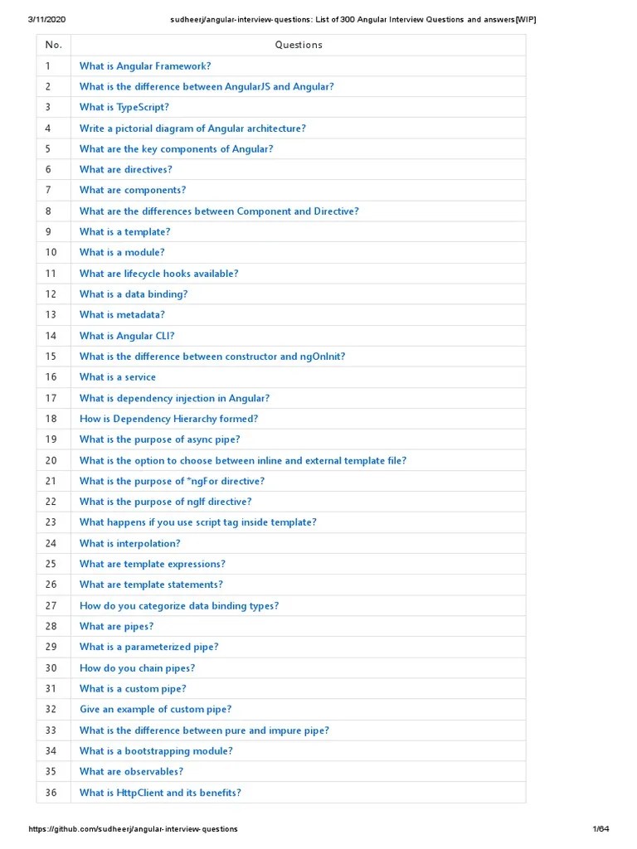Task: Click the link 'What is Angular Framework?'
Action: (145, 65)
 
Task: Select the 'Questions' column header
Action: (299, 45)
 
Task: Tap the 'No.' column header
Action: (54, 45)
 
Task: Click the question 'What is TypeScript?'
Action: (124, 107)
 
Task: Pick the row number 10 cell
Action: (51, 252)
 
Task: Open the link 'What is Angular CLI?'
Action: (127, 336)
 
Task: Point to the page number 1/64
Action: (601, 829)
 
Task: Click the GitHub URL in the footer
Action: (134, 829)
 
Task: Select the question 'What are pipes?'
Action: (116, 626)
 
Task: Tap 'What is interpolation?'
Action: (129, 543)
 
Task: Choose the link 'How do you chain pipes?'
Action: (137, 667)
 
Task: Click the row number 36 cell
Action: (51, 793)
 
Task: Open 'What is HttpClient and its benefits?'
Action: (160, 793)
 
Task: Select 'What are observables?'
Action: (131, 771)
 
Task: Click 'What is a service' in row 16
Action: (117, 377)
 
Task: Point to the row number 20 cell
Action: (51, 460)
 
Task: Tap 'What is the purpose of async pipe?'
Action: (159, 439)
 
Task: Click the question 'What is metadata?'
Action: (122, 315)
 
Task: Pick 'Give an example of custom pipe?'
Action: (155, 709)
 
